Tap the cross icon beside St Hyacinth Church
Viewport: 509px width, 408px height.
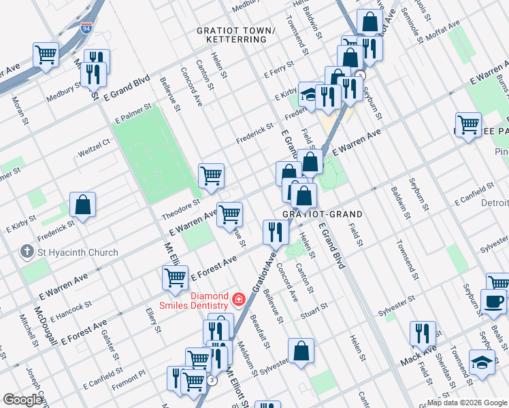(27, 252)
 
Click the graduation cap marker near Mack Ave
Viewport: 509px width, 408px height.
(482, 360)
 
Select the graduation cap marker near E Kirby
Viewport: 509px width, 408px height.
(310, 94)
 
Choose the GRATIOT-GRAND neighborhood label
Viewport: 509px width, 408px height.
(323, 214)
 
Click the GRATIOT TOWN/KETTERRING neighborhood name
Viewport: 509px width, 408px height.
(236, 35)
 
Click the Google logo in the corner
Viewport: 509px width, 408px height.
(22, 400)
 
